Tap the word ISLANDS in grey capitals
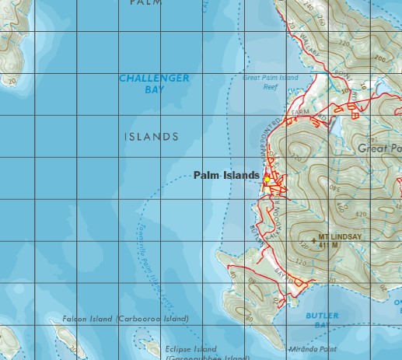[x=152, y=137]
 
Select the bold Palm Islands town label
[x=226, y=176]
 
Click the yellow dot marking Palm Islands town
[x=267, y=179]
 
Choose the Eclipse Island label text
[x=191, y=349]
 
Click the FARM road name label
[x=300, y=114]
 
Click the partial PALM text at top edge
[x=145, y=3]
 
